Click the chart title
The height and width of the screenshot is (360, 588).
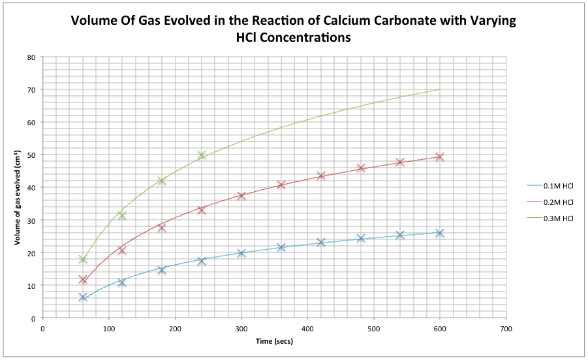pyautogui.click(x=293, y=29)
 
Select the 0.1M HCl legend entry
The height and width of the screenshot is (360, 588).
pyautogui.click(x=558, y=186)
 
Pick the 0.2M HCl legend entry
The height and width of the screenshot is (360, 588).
pyautogui.click(x=558, y=202)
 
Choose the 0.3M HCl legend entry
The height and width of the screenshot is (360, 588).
pyautogui.click(x=558, y=218)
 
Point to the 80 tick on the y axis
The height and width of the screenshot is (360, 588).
pyautogui.click(x=31, y=57)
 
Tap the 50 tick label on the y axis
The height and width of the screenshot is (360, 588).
pyautogui.click(x=31, y=155)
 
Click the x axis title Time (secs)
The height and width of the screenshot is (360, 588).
pyautogui.click(x=273, y=342)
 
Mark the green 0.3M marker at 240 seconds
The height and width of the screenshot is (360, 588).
pyautogui.click(x=202, y=155)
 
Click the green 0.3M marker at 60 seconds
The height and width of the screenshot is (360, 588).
pyautogui.click(x=83, y=259)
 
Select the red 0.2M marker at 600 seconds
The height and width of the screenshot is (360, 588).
pyautogui.click(x=440, y=157)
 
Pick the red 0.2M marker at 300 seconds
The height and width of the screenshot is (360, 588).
pyautogui.click(x=241, y=196)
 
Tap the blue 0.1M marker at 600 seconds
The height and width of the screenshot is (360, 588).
pyautogui.click(x=440, y=233)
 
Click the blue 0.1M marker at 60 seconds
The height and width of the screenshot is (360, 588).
pyautogui.click(x=83, y=297)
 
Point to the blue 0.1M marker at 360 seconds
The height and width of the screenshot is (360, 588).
pyautogui.click(x=281, y=247)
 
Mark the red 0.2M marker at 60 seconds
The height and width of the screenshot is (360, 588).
pyautogui.click(x=83, y=280)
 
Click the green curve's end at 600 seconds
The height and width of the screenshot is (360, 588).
pyautogui.click(x=439, y=89)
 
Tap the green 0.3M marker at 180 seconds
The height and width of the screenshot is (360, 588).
pyautogui.click(x=162, y=181)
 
